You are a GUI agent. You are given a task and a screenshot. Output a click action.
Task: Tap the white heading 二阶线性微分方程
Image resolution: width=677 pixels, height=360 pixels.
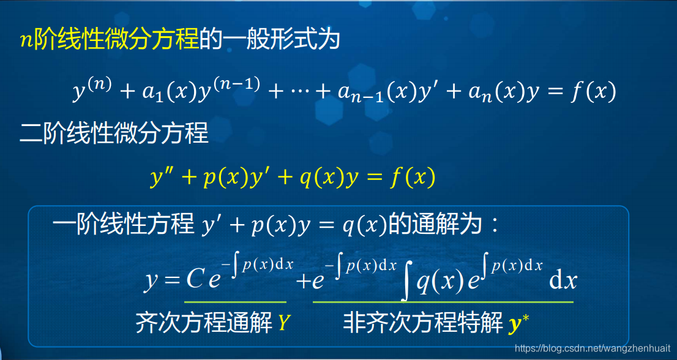pos(114,132)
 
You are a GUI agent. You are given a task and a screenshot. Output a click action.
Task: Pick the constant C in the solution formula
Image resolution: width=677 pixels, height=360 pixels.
pos(194,280)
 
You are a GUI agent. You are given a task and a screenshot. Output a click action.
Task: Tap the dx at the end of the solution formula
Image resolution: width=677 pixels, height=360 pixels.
pos(563,281)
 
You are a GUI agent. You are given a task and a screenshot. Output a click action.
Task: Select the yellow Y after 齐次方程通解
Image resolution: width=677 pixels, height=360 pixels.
pos(283,323)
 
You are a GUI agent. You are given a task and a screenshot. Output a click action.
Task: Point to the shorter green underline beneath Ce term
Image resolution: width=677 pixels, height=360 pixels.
pos(235,301)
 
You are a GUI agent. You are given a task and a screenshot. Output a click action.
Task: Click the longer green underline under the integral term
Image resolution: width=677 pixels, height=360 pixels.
pos(443,301)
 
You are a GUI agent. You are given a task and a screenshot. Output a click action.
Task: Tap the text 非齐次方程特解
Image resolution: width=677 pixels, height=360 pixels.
pos(423,323)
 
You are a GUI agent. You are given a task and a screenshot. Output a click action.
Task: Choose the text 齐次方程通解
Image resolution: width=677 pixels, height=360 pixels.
pos(204,323)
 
